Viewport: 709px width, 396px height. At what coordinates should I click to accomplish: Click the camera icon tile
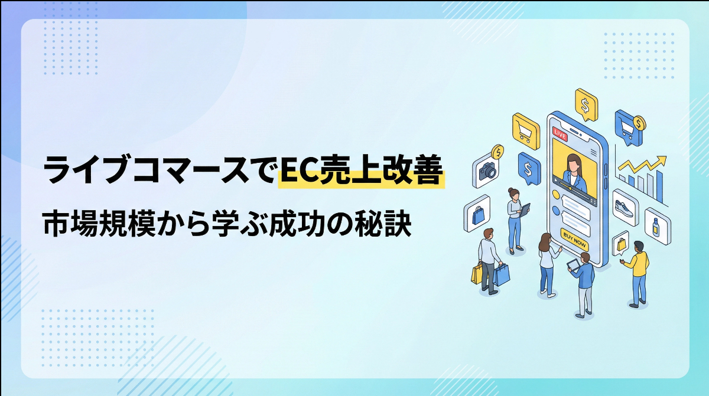[x=487, y=171]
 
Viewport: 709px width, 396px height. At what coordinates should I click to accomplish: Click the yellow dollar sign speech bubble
[x=586, y=106]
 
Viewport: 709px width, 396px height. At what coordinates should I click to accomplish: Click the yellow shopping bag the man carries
[x=477, y=273]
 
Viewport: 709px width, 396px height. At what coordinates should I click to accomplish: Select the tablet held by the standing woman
[x=525, y=208]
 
